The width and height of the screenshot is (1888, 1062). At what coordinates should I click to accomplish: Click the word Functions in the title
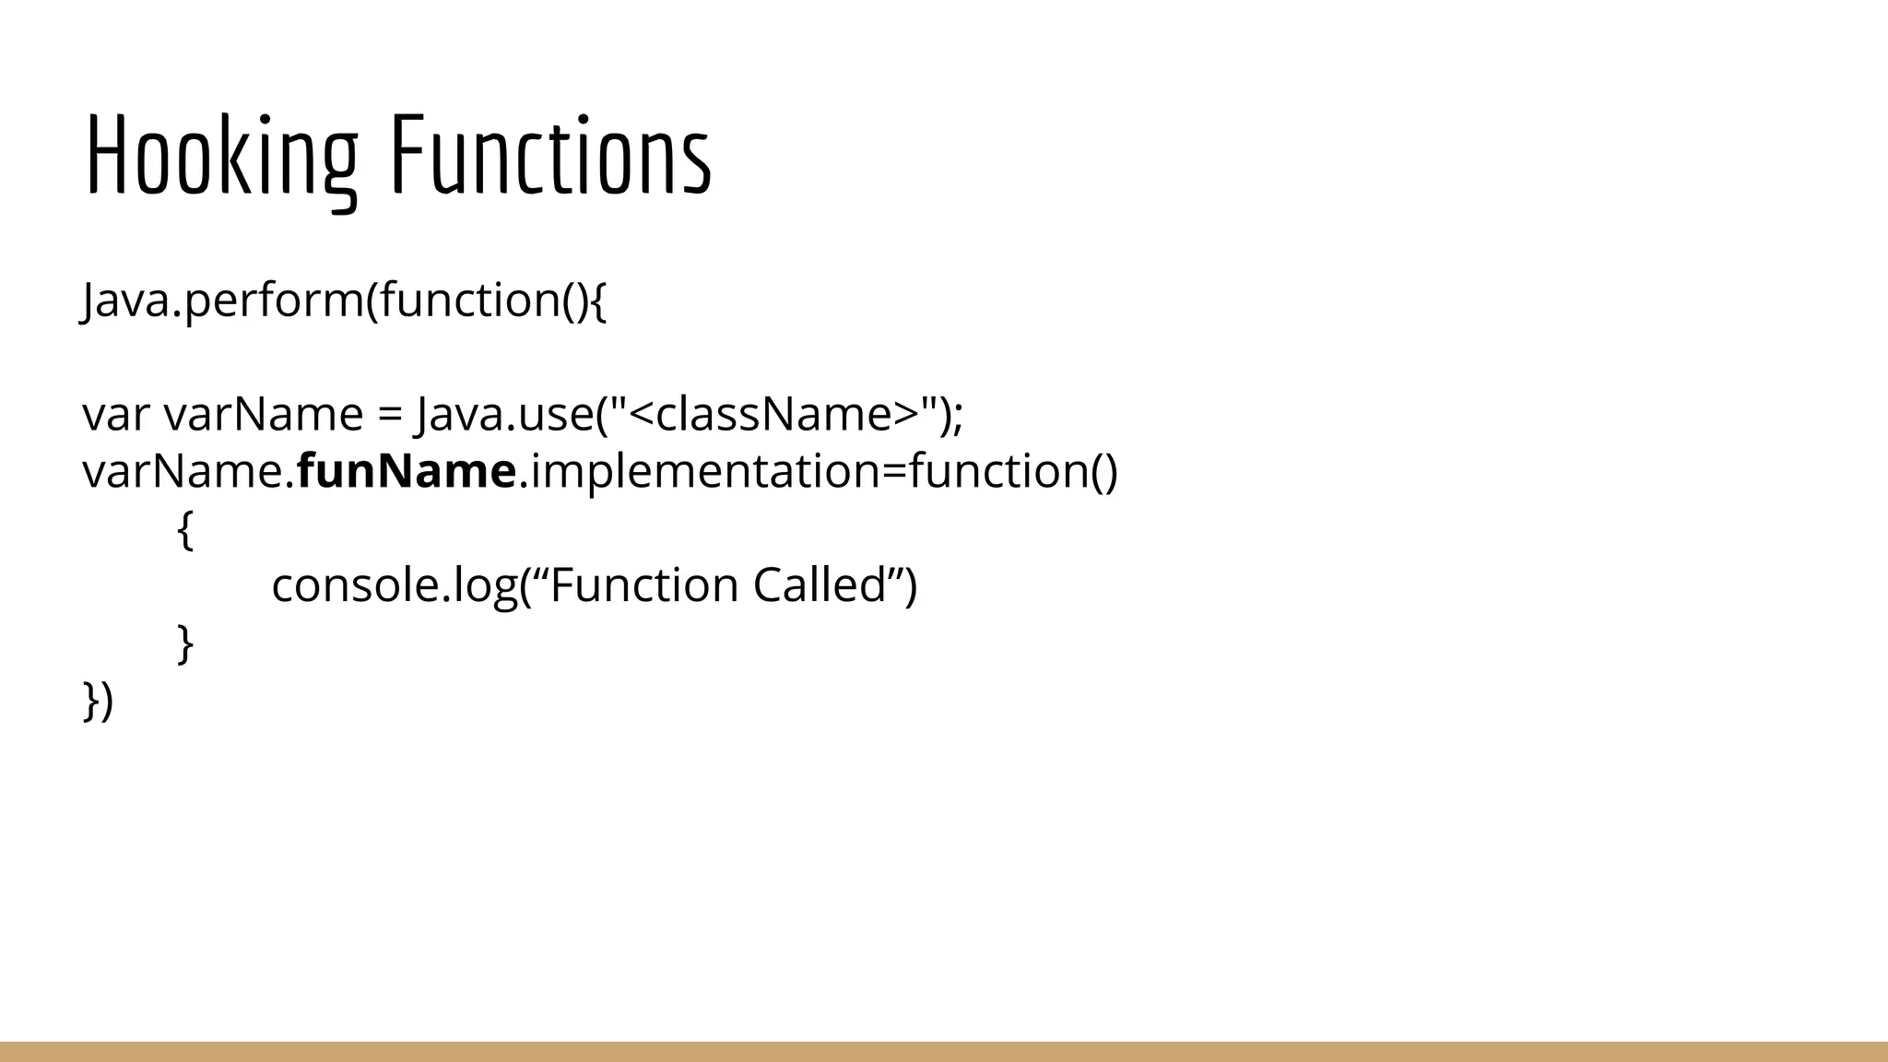tap(550, 155)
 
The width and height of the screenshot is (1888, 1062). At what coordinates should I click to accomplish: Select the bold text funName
tap(407, 471)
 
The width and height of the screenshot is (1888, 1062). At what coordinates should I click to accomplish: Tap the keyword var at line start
tap(115, 415)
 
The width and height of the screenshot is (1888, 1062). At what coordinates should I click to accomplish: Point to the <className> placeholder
tap(774, 414)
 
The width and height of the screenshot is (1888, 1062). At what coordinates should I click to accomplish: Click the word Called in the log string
tap(820, 585)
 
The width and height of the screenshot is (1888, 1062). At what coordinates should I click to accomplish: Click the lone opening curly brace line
tap(185, 530)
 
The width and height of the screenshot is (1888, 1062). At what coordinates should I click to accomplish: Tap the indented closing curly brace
tap(185, 643)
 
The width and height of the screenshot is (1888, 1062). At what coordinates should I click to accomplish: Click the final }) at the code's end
tap(98, 701)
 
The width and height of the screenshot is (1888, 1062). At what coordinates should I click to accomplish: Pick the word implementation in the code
tap(705, 471)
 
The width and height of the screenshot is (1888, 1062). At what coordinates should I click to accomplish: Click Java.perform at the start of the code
tap(222, 301)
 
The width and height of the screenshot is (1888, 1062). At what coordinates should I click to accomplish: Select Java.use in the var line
tap(501, 414)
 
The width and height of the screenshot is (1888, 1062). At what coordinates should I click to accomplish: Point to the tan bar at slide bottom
tap(944, 1052)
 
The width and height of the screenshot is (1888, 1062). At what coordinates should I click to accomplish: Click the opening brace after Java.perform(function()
tap(597, 301)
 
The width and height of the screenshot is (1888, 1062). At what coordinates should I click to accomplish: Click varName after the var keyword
tap(264, 415)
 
